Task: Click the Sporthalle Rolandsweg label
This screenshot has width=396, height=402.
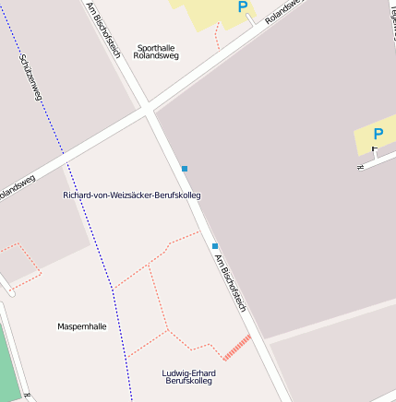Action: click(x=156, y=52)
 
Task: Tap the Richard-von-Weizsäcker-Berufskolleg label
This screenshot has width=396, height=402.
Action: click(x=131, y=195)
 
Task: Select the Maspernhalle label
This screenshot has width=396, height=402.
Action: click(x=82, y=326)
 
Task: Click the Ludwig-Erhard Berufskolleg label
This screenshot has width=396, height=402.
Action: click(x=187, y=377)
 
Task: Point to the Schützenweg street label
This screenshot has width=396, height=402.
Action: click(x=30, y=77)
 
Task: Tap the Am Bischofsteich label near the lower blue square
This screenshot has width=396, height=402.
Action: click(x=231, y=282)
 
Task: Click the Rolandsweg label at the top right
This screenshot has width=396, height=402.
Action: click(x=284, y=12)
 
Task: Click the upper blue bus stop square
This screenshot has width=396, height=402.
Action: click(x=185, y=169)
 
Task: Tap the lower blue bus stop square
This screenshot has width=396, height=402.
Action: click(x=215, y=246)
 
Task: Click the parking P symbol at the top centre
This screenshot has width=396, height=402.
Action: click(x=243, y=7)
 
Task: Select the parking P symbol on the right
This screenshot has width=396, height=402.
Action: click(x=378, y=135)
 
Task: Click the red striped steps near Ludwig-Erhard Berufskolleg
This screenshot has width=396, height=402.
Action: click(x=237, y=347)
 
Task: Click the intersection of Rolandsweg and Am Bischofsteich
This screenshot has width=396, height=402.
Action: click(x=148, y=111)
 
